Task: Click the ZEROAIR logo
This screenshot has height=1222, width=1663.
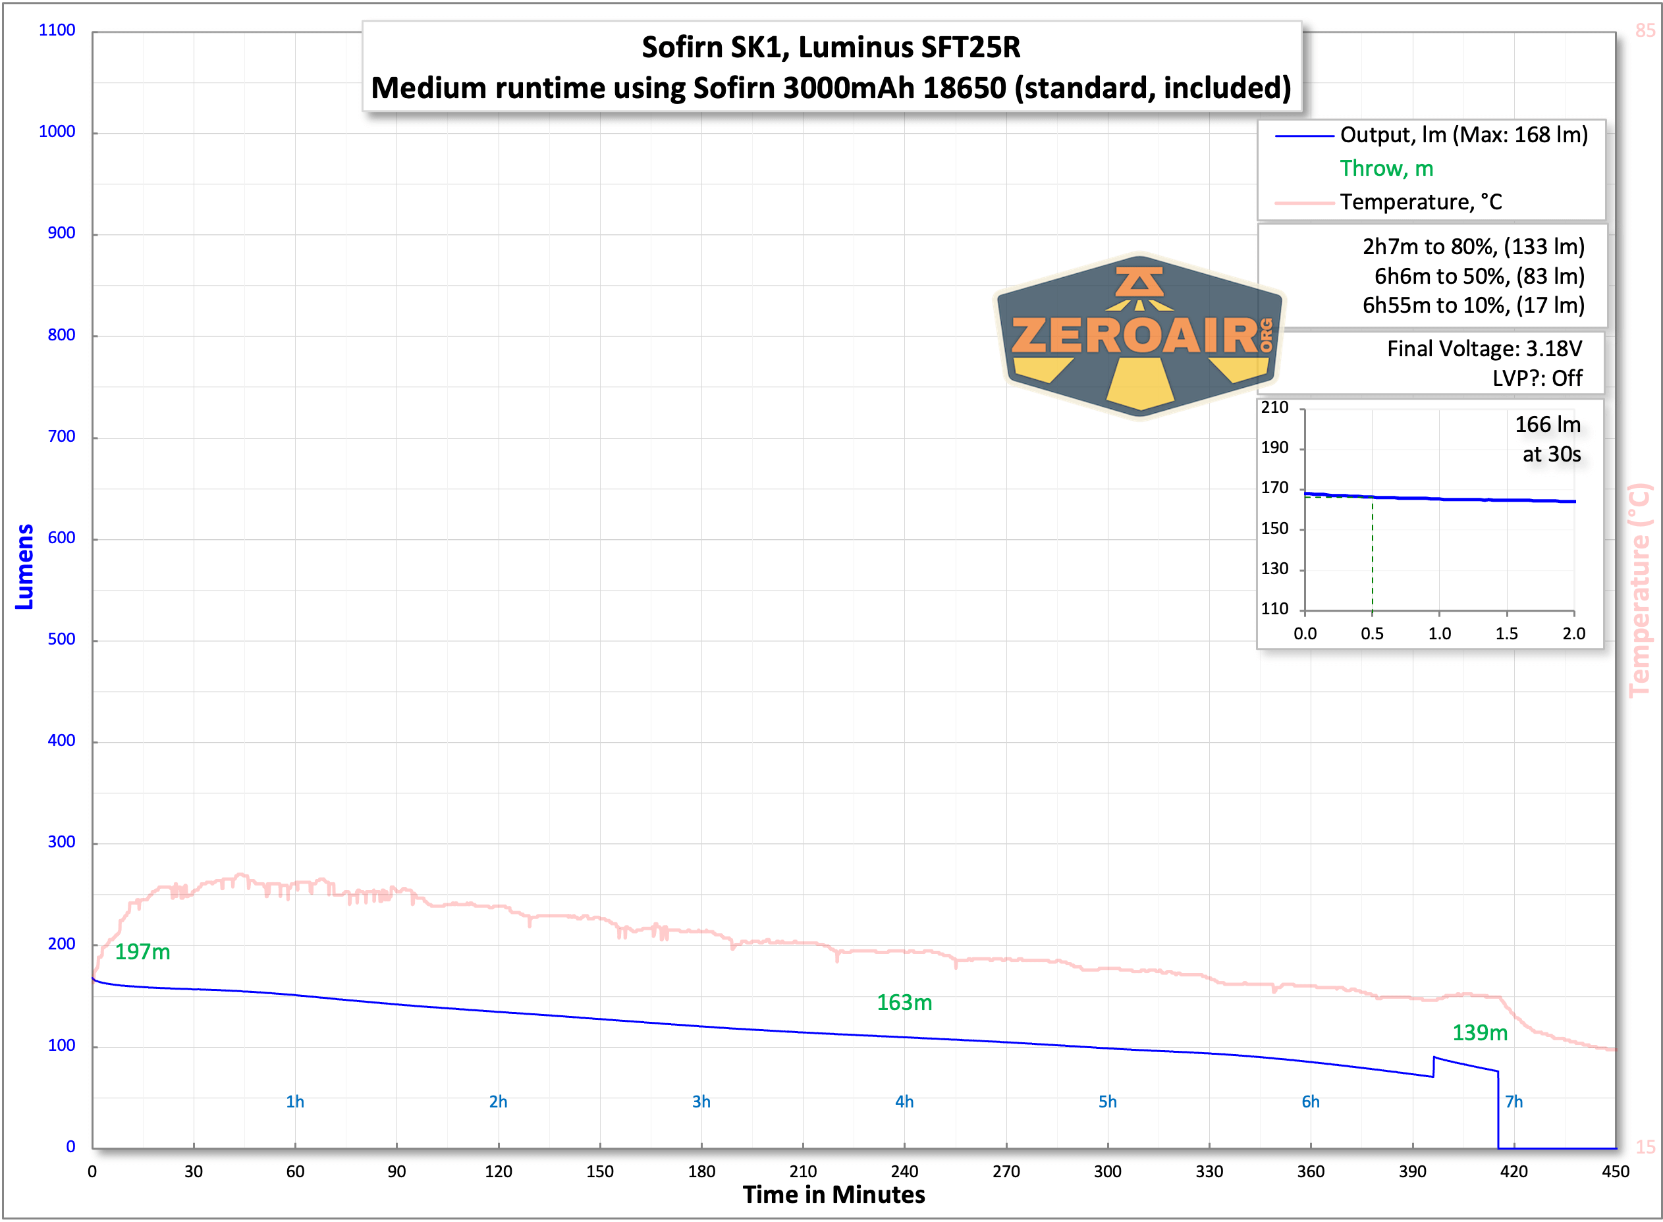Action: (x=1139, y=336)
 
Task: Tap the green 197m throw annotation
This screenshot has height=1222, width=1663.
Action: (x=142, y=952)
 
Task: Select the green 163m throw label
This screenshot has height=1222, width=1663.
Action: (x=904, y=1003)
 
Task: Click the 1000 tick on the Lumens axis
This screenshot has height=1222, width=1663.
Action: (x=57, y=132)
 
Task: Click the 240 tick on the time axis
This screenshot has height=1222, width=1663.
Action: (x=904, y=1172)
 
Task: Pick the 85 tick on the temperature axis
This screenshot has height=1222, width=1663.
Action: (x=1645, y=30)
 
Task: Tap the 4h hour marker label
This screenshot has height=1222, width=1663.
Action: (x=904, y=1102)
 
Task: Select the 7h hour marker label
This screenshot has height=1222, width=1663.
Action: (x=1513, y=1102)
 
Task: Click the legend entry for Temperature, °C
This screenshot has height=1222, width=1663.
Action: (x=1421, y=202)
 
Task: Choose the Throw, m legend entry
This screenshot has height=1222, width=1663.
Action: (x=1386, y=169)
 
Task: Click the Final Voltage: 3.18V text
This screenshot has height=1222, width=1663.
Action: (x=1484, y=348)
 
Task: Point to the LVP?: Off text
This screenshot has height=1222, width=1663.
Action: (x=1537, y=379)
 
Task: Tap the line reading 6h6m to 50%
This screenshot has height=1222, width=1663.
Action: (x=1479, y=276)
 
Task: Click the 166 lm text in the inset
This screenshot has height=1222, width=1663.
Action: (x=1548, y=425)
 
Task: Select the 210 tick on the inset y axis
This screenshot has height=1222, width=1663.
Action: (x=1274, y=408)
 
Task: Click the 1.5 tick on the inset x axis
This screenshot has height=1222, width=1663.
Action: (x=1506, y=634)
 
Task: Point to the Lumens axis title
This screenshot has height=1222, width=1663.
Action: (x=24, y=567)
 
